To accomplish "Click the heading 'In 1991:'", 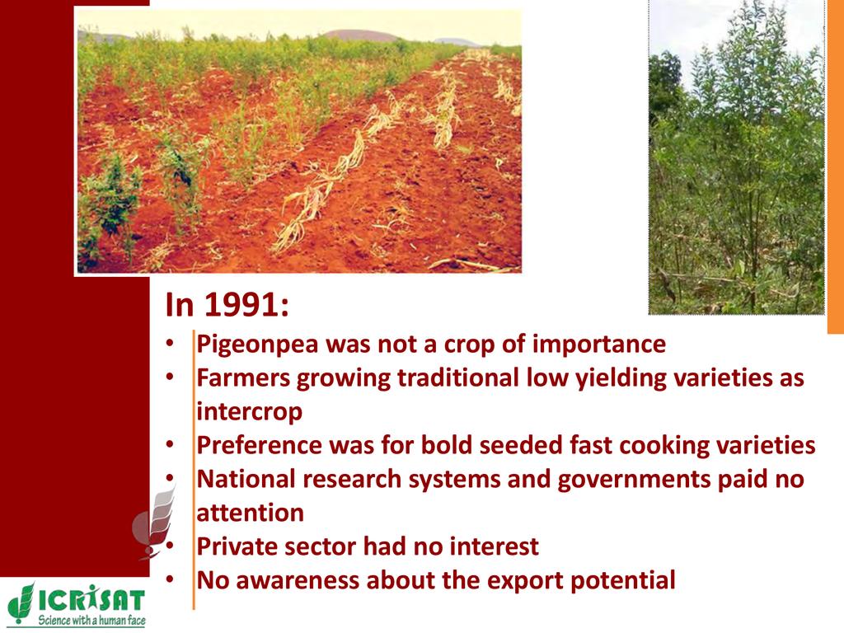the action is pos(227,304).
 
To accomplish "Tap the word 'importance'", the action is pos(599,345).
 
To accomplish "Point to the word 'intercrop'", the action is pos(249,412).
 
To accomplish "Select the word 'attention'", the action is pos(251,513).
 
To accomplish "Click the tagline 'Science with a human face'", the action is pos(91,620).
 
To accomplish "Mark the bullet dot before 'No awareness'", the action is pos(170,579).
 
